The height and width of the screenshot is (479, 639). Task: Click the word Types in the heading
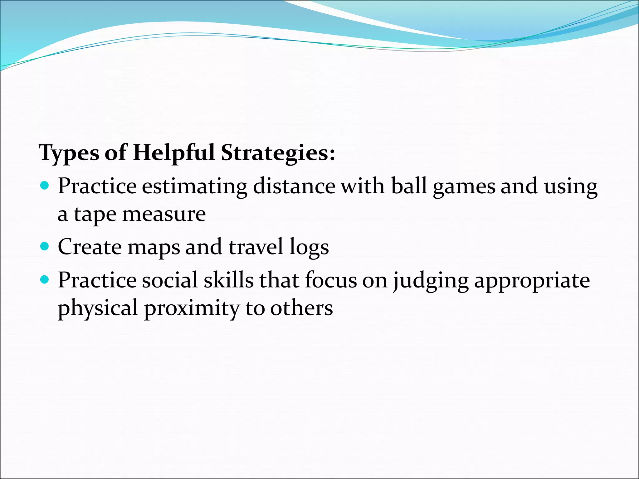(69, 153)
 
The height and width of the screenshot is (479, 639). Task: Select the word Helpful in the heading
(173, 153)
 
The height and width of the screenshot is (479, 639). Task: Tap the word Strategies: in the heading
(278, 153)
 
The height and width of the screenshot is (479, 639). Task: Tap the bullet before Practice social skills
(45, 280)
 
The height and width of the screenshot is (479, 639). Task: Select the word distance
(294, 186)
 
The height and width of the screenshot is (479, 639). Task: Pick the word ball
(409, 186)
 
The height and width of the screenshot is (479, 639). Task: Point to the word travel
(256, 247)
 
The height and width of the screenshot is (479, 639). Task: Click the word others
(301, 308)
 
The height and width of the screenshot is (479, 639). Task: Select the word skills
(229, 280)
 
